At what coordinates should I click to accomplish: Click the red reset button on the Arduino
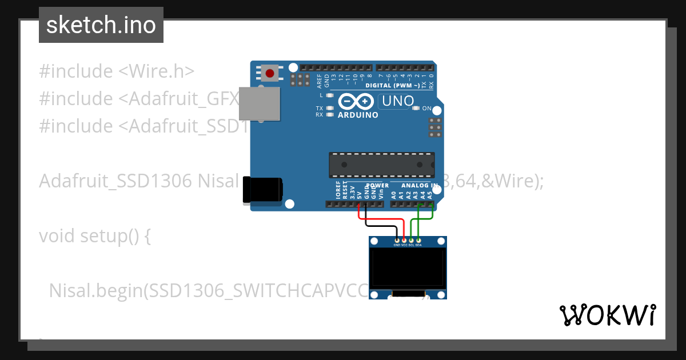point(270,73)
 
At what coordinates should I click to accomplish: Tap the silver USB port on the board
point(259,103)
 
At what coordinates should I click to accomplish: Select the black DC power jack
point(262,190)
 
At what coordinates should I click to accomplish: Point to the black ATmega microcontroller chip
point(381,165)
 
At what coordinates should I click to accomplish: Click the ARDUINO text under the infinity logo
point(358,115)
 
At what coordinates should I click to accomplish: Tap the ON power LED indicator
point(416,108)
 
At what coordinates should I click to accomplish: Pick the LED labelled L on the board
point(330,95)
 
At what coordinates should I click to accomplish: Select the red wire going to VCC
point(382,219)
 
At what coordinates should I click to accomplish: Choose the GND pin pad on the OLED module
point(397,241)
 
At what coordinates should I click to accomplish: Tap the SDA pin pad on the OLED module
point(418,241)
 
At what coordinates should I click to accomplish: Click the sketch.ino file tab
point(101,25)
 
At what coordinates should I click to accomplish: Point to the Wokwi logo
point(607,315)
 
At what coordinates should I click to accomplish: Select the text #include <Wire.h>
point(117,71)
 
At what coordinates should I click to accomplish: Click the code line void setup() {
point(94,235)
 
